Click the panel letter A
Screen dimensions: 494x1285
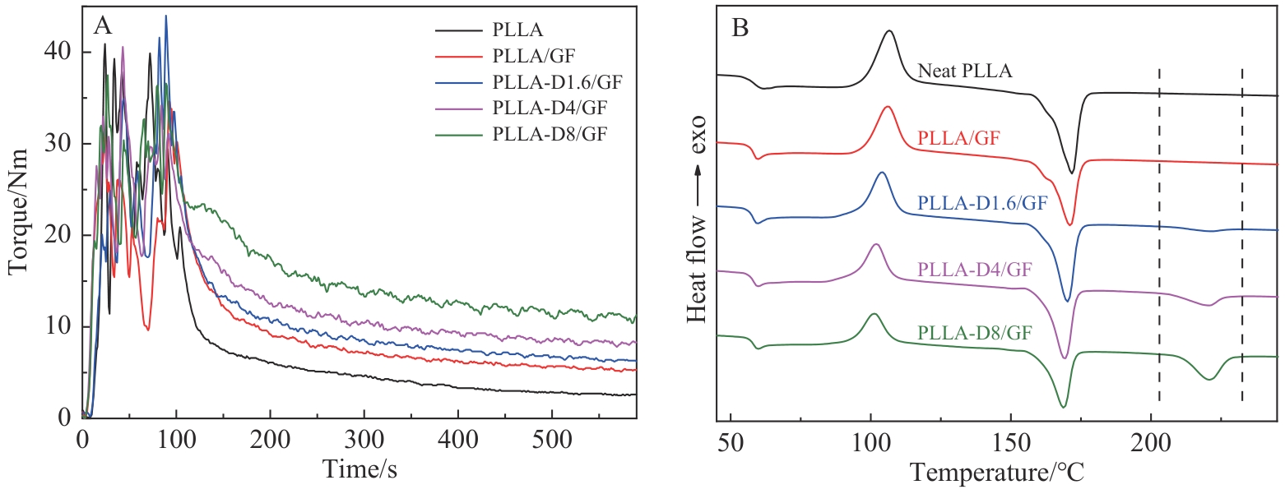(103, 25)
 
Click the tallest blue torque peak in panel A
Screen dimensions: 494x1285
(165, 16)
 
